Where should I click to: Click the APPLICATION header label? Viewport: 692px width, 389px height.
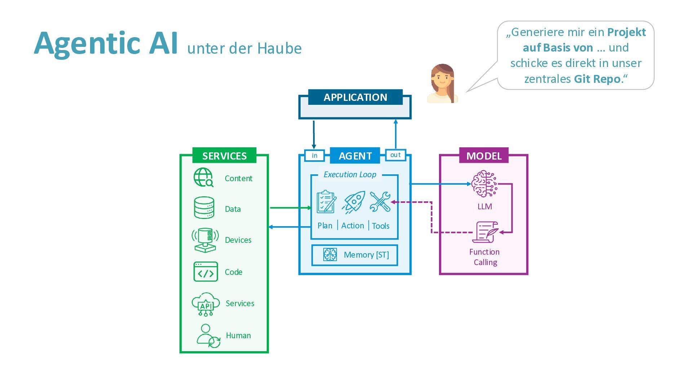pyautogui.click(x=355, y=97)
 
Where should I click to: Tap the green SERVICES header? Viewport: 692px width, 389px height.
pyautogui.click(x=224, y=156)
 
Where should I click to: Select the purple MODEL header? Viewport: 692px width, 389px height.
pyautogui.click(x=484, y=156)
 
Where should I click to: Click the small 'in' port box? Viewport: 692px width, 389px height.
pyautogui.click(x=314, y=156)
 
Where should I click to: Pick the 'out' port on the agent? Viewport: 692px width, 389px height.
pyautogui.click(x=395, y=155)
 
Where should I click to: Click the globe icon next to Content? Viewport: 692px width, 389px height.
pyautogui.click(x=204, y=178)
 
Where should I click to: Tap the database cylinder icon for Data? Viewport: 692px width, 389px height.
pyautogui.click(x=204, y=208)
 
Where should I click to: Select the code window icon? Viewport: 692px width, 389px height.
pyautogui.click(x=205, y=272)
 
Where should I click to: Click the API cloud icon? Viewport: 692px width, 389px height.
pyautogui.click(x=205, y=304)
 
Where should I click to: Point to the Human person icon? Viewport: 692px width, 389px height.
pyautogui.click(x=208, y=336)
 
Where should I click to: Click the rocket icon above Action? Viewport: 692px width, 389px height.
pyautogui.click(x=354, y=202)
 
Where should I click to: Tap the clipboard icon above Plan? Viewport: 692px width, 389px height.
pyautogui.click(x=326, y=202)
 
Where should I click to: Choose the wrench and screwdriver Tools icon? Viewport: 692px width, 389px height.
pyautogui.click(x=380, y=202)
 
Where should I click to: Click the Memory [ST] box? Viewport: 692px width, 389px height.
pyautogui.click(x=355, y=255)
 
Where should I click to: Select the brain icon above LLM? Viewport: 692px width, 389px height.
pyautogui.click(x=484, y=184)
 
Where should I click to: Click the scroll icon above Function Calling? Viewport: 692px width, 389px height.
pyautogui.click(x=485, y=232)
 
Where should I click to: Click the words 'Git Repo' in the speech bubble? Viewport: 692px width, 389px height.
pyautogui.click(x=597, y=79)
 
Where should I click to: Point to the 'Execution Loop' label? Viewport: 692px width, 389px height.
pyautogui.click(x=350, y=175)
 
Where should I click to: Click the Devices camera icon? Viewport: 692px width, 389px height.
pyautogui.click(x=205, y=240)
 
